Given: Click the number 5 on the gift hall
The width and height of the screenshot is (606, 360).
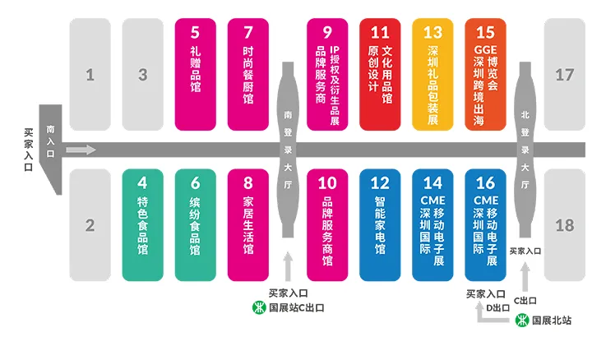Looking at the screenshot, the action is (x=196, y=34).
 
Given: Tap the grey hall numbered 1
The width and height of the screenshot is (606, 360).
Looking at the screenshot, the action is (x=90, y=75).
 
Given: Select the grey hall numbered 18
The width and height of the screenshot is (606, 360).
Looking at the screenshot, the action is (x=564, y=224).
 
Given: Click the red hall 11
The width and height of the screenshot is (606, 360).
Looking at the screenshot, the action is (x=379, y=74).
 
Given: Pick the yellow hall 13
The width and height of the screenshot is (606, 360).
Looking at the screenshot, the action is (x=433, y=74).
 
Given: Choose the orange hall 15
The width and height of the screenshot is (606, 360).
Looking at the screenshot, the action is (x=485, y=74).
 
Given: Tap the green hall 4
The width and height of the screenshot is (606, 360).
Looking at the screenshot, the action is (x=142, y=224).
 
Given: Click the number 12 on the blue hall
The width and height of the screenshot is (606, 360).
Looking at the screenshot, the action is (x=380, y=183).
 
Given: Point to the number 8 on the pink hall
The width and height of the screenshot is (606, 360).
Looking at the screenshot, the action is (x=248, y=183).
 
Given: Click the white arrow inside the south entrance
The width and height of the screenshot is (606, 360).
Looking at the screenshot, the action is (x=80, y=150).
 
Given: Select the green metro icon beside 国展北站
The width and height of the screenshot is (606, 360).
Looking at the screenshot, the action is (x=522, y=321).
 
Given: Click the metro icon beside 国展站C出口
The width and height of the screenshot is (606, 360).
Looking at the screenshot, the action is (x=258, y=308).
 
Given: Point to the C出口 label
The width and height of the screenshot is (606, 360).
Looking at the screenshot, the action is (x=526, y=301).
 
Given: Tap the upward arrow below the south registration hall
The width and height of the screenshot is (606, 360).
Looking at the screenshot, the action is (x=288, y=267).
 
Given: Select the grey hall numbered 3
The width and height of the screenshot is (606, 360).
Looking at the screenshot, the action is (x=142, y=75).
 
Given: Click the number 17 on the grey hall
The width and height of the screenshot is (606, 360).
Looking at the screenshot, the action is (x=564, y=75).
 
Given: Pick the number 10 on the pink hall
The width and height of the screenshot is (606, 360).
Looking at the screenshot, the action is (x=327, y=183).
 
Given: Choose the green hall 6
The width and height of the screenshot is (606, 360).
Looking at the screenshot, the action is (x=196, y=224).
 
